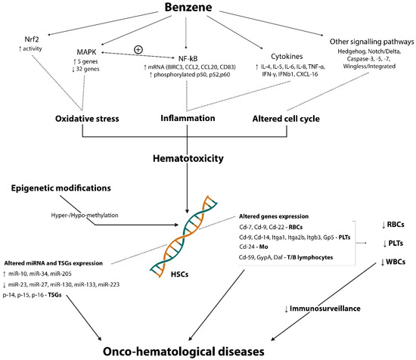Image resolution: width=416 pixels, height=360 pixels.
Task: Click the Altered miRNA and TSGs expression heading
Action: coord(57,260)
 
